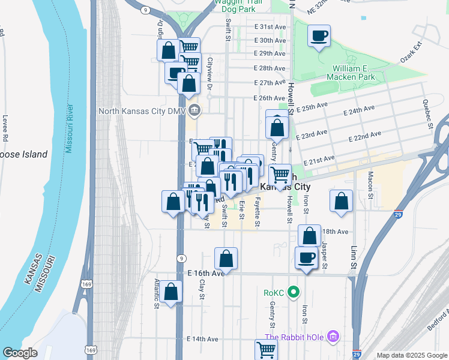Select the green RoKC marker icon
click(293, 293)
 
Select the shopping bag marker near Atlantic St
click(171, 292)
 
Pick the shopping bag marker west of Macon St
click(341, 201)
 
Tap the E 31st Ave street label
click(270, 27)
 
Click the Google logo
click(20, 353)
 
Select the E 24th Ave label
click(360, 110)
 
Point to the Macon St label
click(370, 182)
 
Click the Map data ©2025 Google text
click(412, 355)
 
